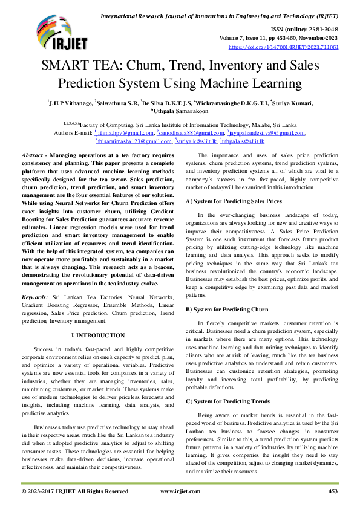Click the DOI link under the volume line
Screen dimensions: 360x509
click(x=283, y=47)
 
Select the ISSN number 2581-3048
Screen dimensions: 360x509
click(x=322, y=28)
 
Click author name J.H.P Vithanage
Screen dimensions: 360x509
click(x=70, y=103)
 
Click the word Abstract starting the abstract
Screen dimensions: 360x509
click(x=33, y=156)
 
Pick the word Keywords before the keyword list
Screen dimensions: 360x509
click(x=35, y=298)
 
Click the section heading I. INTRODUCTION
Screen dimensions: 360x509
click(x=98, y=335)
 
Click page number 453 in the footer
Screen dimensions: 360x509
click(x=332, y=492)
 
